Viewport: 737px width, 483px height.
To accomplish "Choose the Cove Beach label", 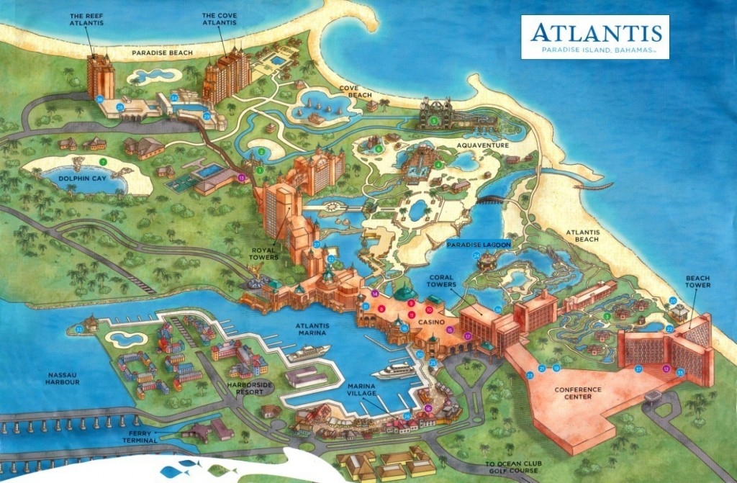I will [355, 91].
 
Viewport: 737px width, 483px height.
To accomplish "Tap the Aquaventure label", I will [482, 145].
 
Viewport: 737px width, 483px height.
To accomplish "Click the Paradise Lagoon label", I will [479, 245].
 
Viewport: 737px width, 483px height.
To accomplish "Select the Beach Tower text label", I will [697, 281].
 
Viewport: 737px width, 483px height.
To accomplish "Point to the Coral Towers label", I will [440, 280].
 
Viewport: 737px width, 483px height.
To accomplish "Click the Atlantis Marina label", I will [312, 329].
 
